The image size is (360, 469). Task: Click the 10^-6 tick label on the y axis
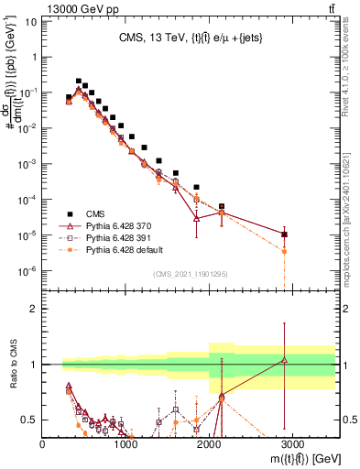(27, 270)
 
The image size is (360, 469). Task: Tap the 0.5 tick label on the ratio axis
(29, 420)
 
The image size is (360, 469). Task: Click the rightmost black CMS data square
(285, 234)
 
